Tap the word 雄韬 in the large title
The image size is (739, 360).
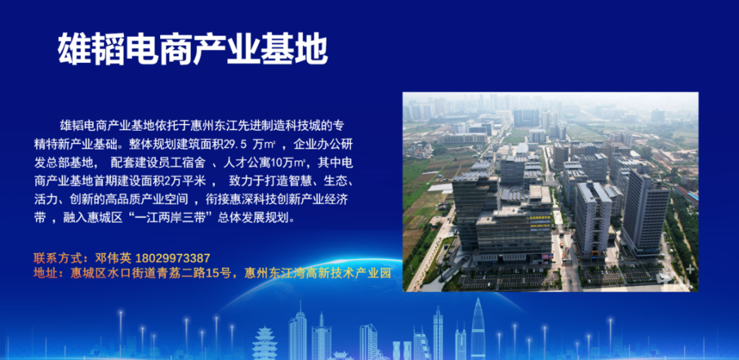pyautogui.click(x=91, y=49)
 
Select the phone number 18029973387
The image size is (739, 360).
pyautogui.click(x=173, y=259)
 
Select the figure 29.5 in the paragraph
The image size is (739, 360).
pyautogui.click(x=239, y=145)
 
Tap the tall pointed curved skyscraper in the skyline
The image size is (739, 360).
pyautogui.click(x=478, y=332)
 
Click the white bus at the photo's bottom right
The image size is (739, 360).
pyautogui.click(x=664, y=278)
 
